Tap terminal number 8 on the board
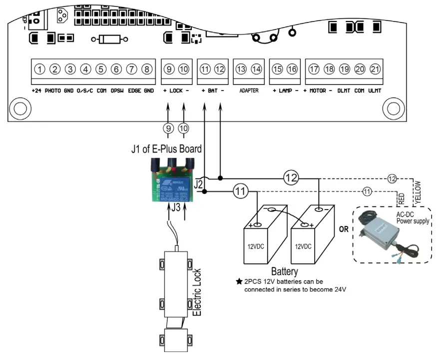(147, 69)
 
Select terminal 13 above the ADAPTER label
(241, 69)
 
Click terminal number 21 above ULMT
(375, 69)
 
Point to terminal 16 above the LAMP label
(292, 69)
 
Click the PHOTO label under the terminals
(52, 91)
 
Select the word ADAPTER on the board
(248, 91)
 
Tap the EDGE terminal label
(134, 91)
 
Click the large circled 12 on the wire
(291, 177)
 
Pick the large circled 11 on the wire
(240, 190)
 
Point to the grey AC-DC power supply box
(382, 235)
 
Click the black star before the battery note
(239, 281)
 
